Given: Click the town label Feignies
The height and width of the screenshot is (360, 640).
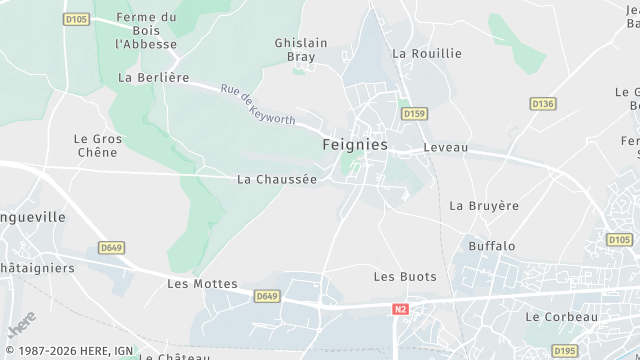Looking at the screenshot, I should tap(355, 145).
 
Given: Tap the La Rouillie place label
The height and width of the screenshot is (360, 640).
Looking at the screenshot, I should tap(427, 53).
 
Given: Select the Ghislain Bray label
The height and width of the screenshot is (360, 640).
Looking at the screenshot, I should tap(301, 50).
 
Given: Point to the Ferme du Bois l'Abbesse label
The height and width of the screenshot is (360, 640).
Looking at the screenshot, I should tap(146, 31).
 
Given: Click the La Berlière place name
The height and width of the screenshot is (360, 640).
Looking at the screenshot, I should tap(153, 77).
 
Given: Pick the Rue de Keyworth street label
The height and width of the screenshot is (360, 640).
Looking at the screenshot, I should tap(258, 104).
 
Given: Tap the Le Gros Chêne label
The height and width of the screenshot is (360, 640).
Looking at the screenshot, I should tap(97, 145).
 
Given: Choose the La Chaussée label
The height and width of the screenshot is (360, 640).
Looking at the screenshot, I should tap(276, 180).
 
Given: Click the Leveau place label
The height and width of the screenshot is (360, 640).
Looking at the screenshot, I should tap(445, 147).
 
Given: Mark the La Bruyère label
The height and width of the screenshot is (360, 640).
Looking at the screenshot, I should tap(484, 206).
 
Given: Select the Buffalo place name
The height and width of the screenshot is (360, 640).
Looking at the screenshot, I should tap(491, 245).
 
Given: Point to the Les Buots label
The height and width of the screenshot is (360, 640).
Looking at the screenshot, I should tap(398, 276).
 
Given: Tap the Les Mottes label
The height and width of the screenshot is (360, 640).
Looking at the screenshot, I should tap(202, 284).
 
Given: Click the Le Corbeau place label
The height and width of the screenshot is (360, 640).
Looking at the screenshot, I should tap(560, 317).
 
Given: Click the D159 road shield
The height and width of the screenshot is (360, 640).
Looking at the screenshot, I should tap(414, 114).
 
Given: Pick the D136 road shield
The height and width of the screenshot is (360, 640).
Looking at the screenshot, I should tap(542, 103).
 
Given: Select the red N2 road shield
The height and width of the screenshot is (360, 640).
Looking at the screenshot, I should tap(400, 309).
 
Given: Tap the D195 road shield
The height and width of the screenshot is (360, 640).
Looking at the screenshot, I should tap(565, 350).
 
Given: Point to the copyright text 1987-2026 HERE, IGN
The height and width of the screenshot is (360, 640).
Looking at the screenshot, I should tap(67, 351).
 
